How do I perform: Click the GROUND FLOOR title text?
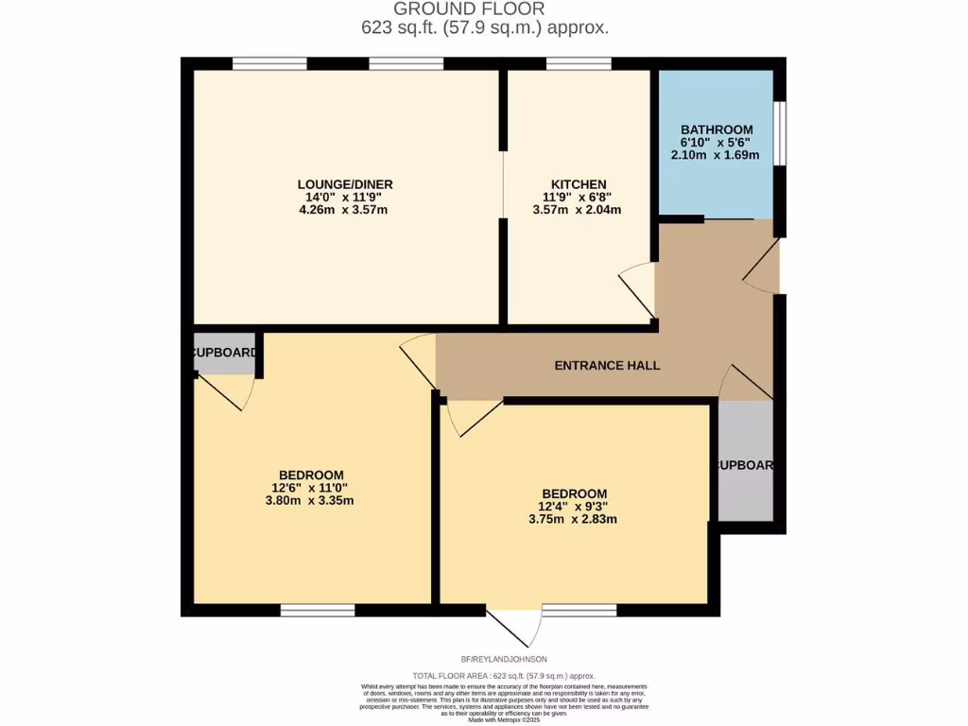pos(484,9)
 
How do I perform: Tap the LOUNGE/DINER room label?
pos(345,184)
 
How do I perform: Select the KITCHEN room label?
pos(579,184)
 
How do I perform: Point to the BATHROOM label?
pos(717,130)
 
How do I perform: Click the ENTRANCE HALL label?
pos(608,366)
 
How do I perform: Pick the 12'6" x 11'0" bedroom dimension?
pos(311,488)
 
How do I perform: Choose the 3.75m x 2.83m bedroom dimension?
pos(574,519)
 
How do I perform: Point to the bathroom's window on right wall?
pos(780,132)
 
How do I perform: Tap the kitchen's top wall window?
pos(579,63)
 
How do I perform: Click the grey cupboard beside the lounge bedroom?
pos(224,352)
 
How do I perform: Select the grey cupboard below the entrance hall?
pos(745,461)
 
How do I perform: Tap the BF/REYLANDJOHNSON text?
pos(504,659)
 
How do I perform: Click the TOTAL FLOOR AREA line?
pos(504,676)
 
